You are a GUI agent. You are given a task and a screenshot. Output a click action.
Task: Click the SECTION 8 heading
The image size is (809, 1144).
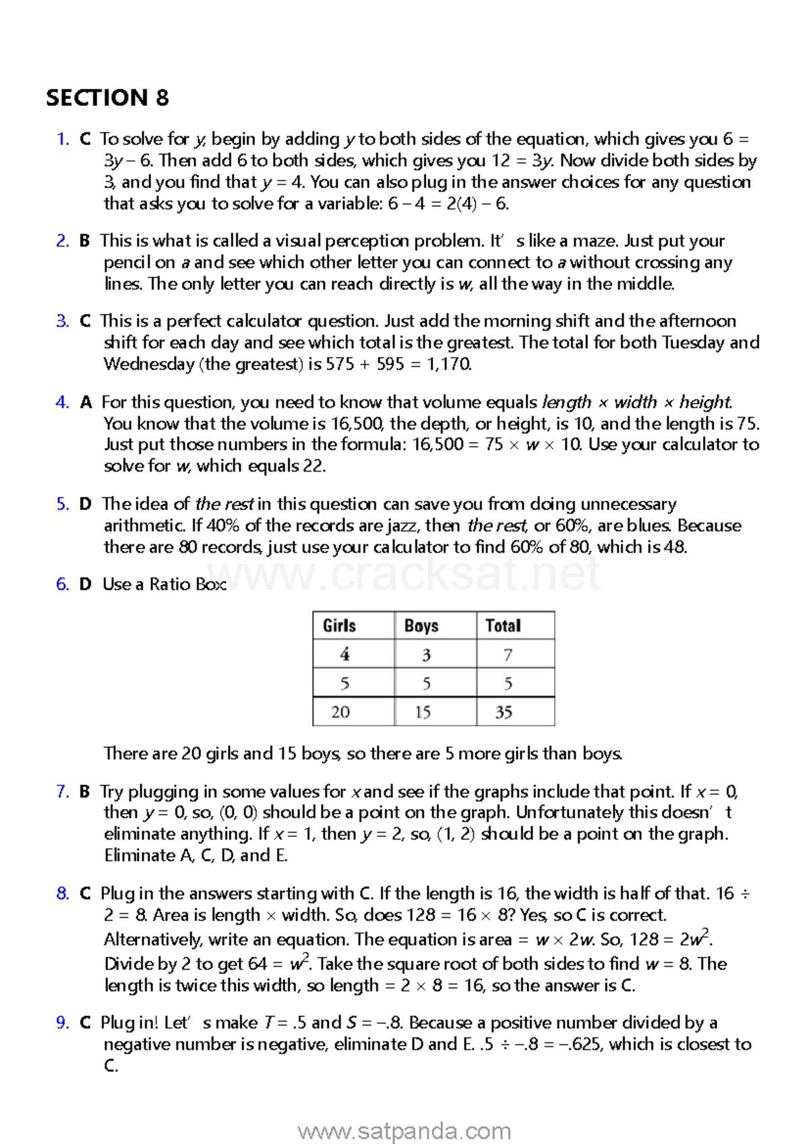[x=107, y=98]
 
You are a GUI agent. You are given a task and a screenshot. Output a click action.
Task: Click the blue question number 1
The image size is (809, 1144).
[x=62, y=139]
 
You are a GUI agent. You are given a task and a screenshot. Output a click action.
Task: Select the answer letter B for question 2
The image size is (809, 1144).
[x=84, y=241]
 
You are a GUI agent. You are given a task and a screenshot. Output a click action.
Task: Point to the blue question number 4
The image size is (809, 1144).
[x=62, y=403]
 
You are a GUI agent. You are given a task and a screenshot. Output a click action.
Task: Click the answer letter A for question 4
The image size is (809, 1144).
[x=86, y=403]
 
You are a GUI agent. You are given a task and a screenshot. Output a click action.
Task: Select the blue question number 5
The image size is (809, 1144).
[x=62, y=505]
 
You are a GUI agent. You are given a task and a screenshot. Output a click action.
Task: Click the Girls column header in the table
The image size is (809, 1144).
[x=339, y=626]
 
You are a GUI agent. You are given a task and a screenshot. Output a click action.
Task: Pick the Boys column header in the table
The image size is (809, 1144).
[x=421, y=626]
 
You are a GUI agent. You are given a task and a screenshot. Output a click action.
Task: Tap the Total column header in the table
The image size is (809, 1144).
[x=503, y=626]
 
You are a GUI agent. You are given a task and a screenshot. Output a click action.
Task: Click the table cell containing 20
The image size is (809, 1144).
[x=340, y=712]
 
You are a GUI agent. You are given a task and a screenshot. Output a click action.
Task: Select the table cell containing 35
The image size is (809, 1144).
[x=504, y=712]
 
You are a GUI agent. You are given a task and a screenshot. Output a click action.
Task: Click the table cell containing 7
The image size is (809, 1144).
[x=508, y=655]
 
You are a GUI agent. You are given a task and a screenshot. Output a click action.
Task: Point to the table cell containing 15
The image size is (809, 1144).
[x=423, y=712]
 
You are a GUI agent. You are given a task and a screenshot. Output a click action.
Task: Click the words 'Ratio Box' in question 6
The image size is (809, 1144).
[x=187, y=585]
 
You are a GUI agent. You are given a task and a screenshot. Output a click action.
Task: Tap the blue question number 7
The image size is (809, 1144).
[x=62, y=792]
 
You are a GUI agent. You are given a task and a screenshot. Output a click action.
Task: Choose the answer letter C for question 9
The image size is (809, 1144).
[x=85, y=1023]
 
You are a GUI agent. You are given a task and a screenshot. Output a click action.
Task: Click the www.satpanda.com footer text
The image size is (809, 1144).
[x=404, y=1131]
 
